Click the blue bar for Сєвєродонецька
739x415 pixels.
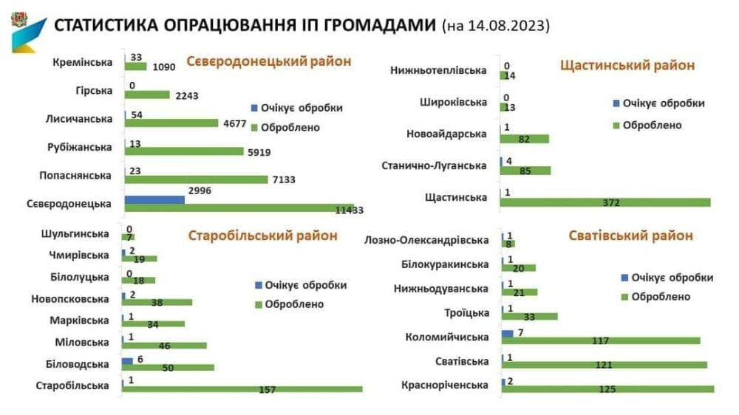click(154, 199)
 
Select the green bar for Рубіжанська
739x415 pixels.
click(184, 151)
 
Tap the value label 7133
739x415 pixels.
click(284, 179)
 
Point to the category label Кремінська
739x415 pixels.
click(83, 62)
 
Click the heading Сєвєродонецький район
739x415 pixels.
click(269, 61)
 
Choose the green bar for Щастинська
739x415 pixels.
click(605, 202)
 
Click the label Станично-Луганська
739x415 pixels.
click(434, 166)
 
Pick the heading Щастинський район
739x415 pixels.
click(627, 65)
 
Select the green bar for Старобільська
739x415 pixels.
click(242, 389)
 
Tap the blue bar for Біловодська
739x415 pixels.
click(127, 361)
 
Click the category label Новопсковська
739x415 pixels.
click(70, 299)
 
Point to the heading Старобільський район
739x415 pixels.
click(262, 236)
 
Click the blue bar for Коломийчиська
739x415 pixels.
click(508, 334)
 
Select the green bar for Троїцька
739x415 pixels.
click(530, 317)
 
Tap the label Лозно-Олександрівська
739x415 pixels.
click(426, 240)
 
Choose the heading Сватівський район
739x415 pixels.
click(630, 236)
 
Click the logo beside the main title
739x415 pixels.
click(28, 32)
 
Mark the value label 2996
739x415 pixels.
click(200, 191)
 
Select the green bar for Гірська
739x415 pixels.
click(147, 95)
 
